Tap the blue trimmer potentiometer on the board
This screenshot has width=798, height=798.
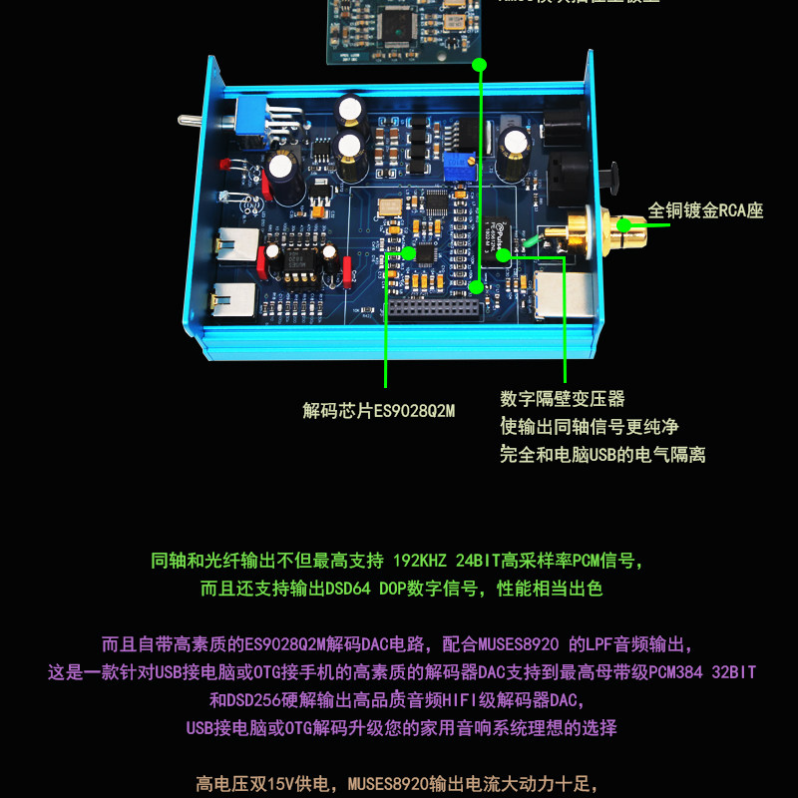click(x=460, y=162)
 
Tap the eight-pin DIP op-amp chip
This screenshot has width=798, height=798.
click(x=298, y=264)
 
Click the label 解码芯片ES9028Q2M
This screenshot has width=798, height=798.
click(x=378, y=410)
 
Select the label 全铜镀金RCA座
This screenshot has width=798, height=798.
click(x=705, y=210)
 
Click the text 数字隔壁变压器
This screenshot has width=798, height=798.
click(x=563, y=399)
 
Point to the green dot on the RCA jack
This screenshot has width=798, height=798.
click(x=624, y=224)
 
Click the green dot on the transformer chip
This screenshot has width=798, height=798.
click(x=504, y=255)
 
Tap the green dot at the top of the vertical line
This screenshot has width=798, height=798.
click(x=480, y=65)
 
